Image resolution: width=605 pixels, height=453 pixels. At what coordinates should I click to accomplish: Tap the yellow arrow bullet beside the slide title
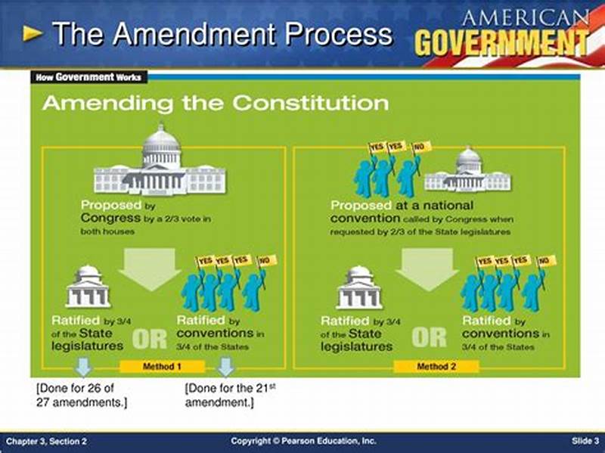[33, 33]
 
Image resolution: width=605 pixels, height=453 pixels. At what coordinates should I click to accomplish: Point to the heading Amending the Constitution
[216, 103]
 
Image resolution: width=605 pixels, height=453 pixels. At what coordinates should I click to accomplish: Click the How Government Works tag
[89, 77]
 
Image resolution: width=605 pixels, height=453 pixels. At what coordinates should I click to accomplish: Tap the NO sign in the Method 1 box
[267, 262]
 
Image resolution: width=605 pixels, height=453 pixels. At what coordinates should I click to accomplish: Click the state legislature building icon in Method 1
[88, 287]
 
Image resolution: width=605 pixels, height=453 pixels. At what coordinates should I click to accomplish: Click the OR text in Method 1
[149, 339]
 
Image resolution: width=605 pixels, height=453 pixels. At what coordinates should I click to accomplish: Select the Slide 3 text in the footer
[585, 441]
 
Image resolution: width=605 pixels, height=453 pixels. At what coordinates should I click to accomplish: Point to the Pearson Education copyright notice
[303, 441]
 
